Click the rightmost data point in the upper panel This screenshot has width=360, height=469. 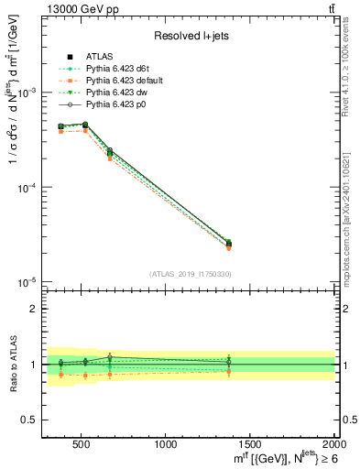coord(228,244)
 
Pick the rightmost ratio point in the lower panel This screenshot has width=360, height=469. coord(228,364)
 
